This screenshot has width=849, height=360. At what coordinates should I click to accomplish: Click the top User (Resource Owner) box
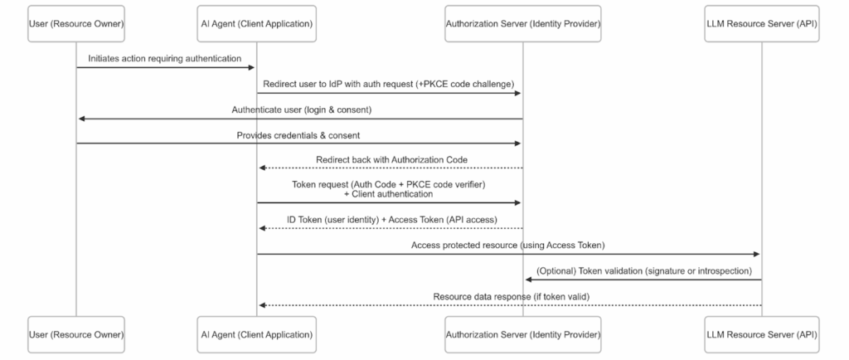coord(76,23)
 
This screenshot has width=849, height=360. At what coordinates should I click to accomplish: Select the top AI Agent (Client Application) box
coord(256,23)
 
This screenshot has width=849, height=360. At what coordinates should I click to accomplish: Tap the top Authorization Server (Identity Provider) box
coord(522,23)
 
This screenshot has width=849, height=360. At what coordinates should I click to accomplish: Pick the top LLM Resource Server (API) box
coord(760,23)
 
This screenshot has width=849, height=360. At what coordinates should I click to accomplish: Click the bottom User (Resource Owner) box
coord(76,334)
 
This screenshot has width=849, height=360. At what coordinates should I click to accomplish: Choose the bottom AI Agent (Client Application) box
coord(256,334)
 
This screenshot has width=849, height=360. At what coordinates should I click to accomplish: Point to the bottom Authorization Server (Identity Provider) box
coord(522,334)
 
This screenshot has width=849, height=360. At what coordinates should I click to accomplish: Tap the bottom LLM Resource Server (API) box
coord(760,334)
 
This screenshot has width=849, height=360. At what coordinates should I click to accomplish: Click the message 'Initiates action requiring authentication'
coord(166,58)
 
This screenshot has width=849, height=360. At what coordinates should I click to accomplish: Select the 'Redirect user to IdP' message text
coord(389,84)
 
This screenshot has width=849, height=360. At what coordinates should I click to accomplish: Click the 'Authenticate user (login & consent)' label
coord(299,109)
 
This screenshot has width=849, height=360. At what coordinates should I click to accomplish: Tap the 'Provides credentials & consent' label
coord(299,135)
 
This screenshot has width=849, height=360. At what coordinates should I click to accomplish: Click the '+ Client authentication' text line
coord(389,193)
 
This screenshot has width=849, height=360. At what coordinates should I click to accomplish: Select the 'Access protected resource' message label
coord(507,245)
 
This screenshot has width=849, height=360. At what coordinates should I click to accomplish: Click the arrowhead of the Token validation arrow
coord(528,280)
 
